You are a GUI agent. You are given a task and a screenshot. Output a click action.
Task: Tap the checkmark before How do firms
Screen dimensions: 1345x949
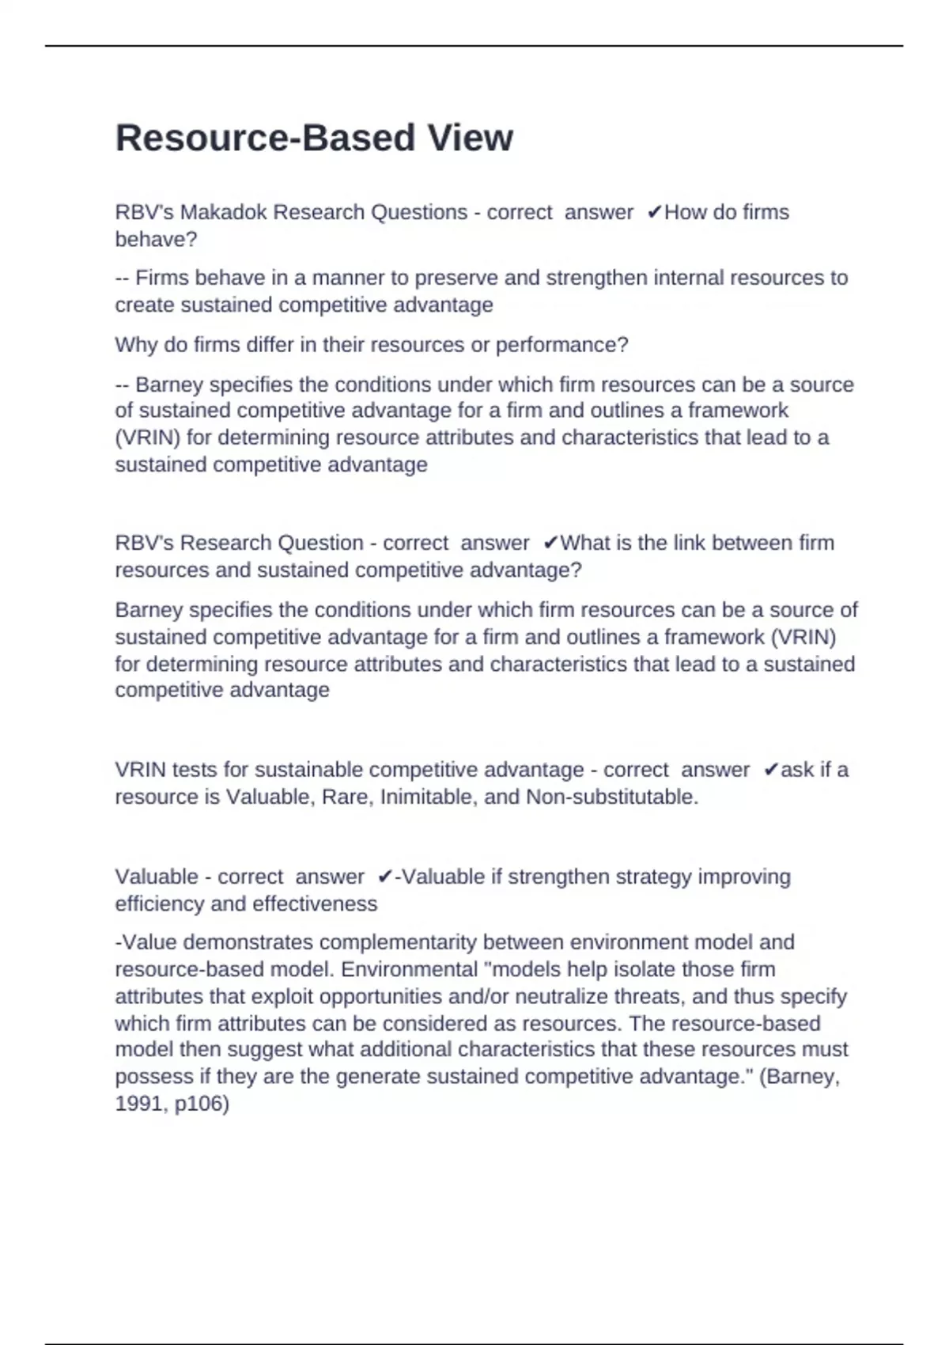coord(654,213)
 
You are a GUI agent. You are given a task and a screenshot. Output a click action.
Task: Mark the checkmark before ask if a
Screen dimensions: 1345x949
coord(771,770)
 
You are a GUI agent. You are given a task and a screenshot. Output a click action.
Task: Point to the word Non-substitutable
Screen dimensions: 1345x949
coord(612,797)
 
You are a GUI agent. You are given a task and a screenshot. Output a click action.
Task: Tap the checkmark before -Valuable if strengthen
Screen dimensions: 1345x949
coord(385,877)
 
